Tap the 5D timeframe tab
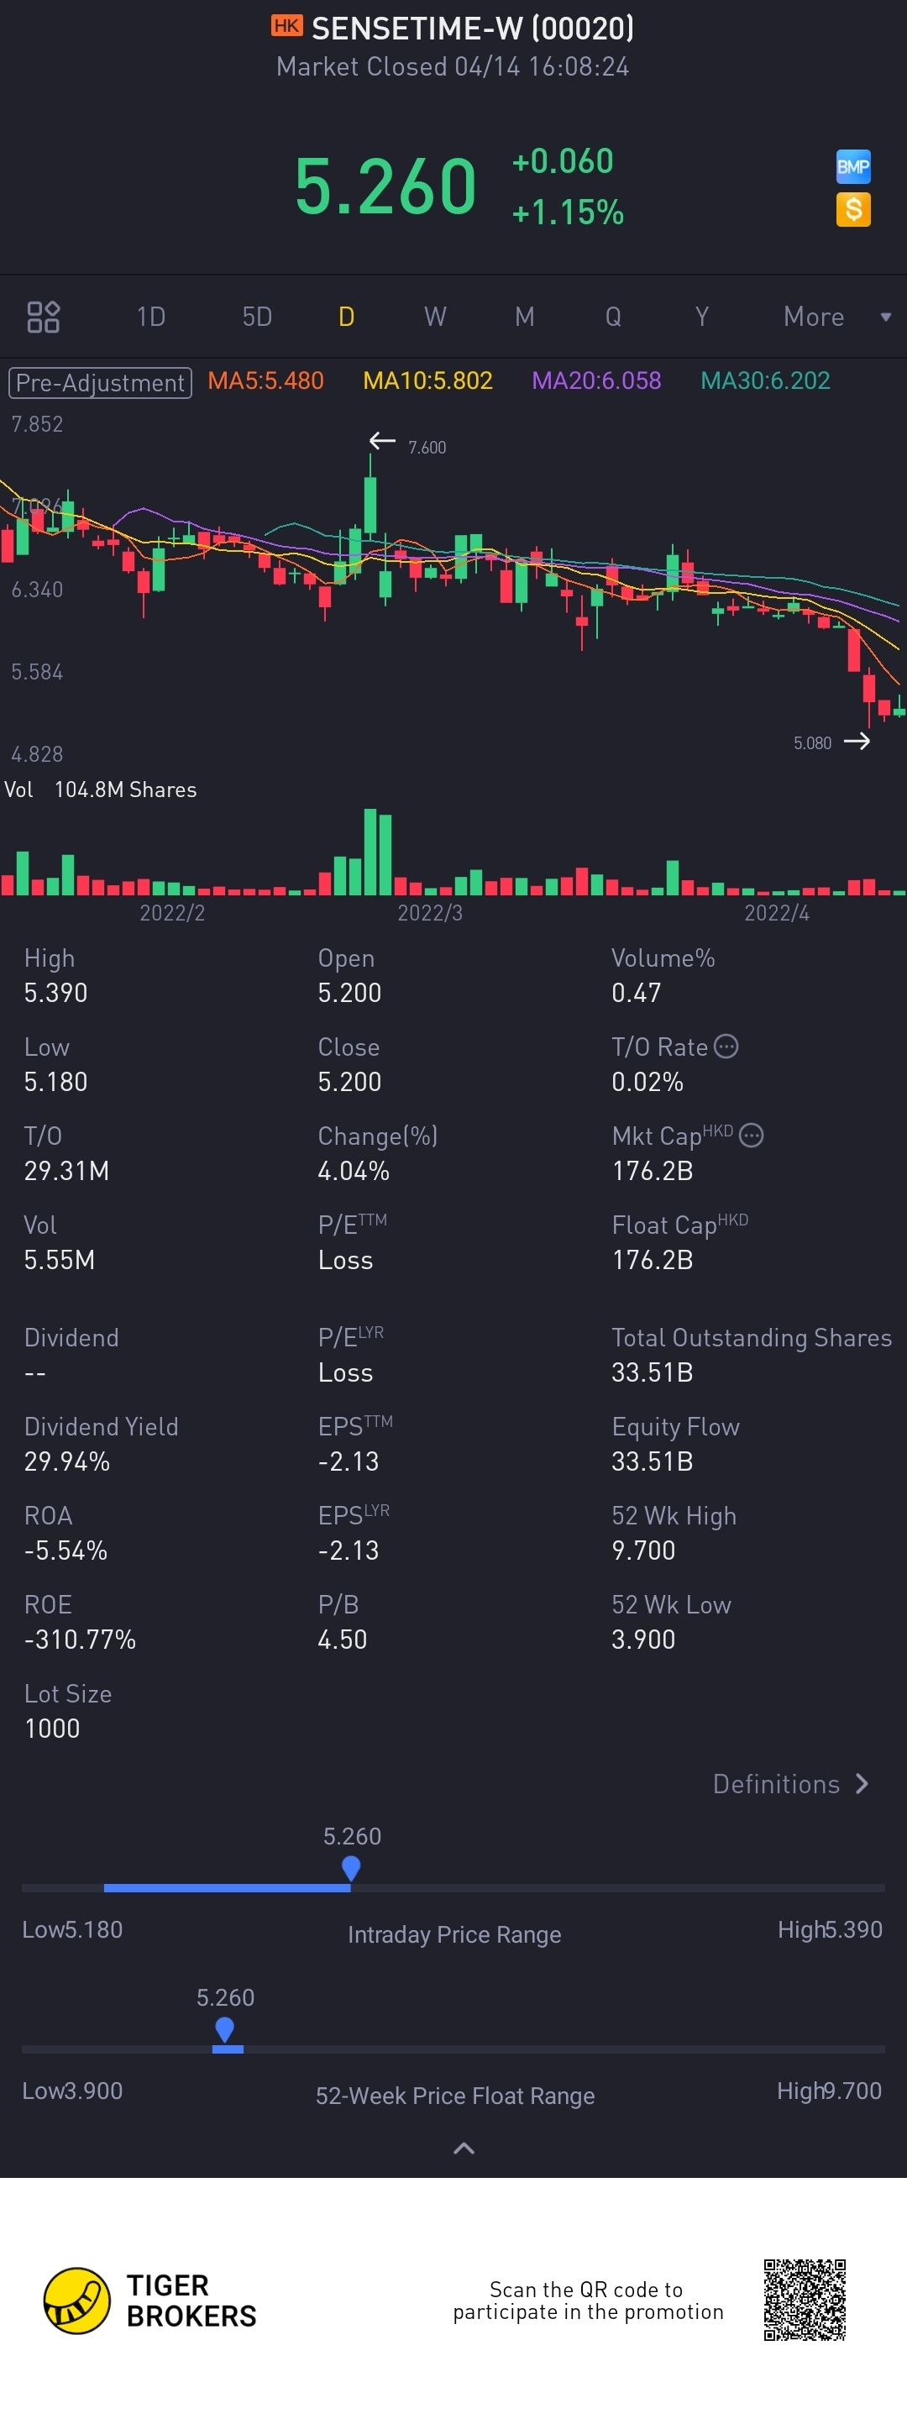[257, 316]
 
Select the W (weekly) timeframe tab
[435, 316]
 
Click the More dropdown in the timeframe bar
[836, 316]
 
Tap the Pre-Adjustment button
[101, 382]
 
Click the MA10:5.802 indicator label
[428, 381]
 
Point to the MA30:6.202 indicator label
[765, 381]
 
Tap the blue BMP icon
[852, 167]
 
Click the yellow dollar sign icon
[852, 209]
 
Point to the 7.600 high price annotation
[427, 448]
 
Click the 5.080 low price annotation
[812, 743]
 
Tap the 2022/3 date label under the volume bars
[429, 913]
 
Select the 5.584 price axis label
[37, 672]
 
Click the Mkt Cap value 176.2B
[652, 1171]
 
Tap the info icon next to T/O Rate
[726, 1047]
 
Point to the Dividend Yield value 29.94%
[67, 1461]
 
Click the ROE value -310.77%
[80, 1640]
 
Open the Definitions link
[790, 1784]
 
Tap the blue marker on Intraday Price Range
[351, 1867]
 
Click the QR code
[805, 2299]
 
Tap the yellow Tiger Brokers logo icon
[77, 2300]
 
